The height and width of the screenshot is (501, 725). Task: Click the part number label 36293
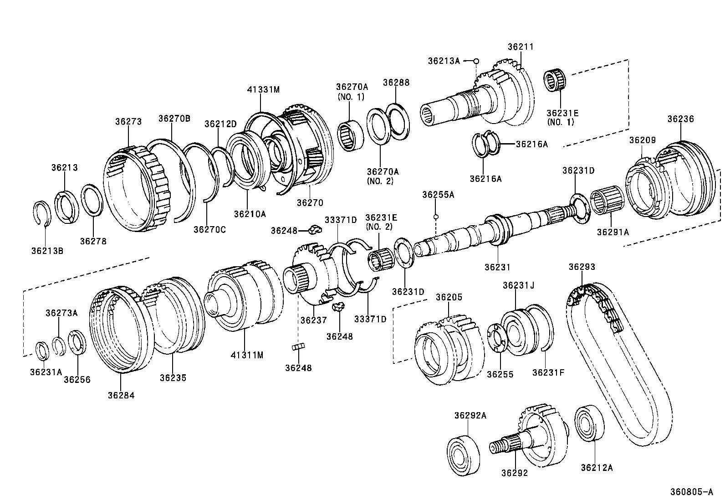tap(582, 267)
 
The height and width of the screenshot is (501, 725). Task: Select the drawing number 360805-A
tap(691, 492)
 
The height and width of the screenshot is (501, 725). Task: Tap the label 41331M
tap(263, 89)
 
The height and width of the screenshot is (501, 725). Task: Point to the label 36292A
tap(470, 415)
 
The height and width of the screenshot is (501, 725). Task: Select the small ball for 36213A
tap(476, 61)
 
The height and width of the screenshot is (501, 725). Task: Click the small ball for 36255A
tap(436, 217)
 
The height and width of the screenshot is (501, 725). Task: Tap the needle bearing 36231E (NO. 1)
tap(556, 81)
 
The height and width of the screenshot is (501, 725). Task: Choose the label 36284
tap(121, 395)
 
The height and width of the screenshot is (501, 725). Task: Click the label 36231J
tap(518, 285)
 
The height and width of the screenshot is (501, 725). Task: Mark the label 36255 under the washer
tap(500, 374)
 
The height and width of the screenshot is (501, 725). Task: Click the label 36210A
tap(250, 213)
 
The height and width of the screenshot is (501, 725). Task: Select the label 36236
tap(680, 119)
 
